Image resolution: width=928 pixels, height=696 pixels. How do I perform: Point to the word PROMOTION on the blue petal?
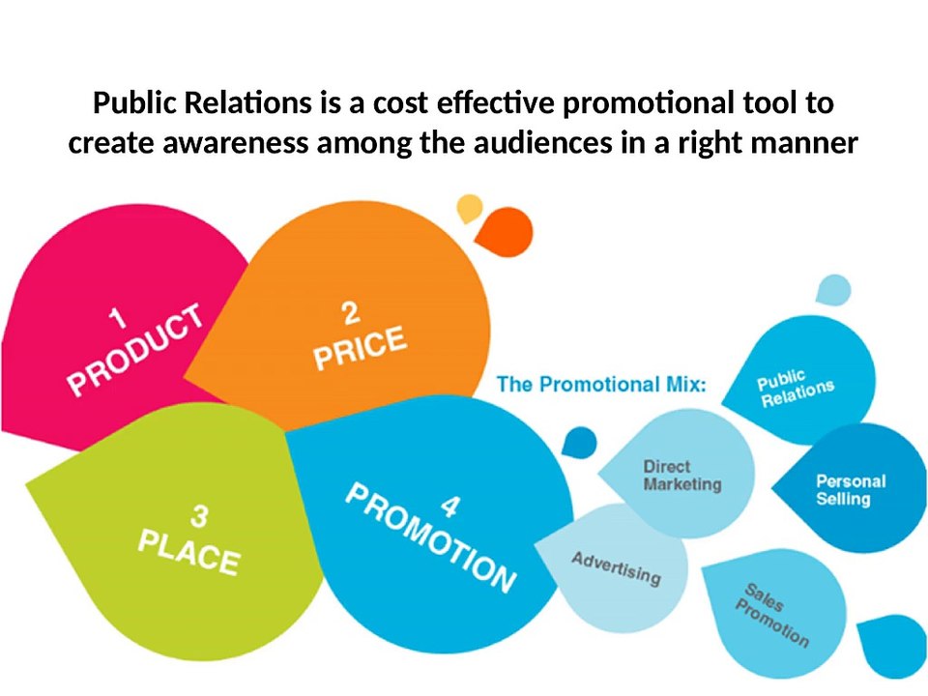(x=430, y=537)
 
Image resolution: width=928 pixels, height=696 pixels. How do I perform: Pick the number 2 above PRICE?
(x=350, y=311)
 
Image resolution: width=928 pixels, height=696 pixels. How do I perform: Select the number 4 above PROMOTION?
(x=450, y=504)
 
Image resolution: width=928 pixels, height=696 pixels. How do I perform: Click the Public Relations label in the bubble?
(x=794, y=388)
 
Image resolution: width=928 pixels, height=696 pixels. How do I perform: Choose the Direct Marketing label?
(x=681, y=475)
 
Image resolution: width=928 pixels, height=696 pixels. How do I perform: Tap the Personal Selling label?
(x=850, y=489)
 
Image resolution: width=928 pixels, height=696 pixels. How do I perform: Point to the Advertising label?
(x=616, y=568)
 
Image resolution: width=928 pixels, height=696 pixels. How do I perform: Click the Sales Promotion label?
(x=772, y=614)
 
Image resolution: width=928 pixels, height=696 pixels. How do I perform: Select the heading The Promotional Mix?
(x=601, y=384)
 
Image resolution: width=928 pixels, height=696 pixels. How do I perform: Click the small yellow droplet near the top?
(x=469, y=207)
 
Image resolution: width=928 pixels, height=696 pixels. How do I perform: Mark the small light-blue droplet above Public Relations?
(x=833, y=289)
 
